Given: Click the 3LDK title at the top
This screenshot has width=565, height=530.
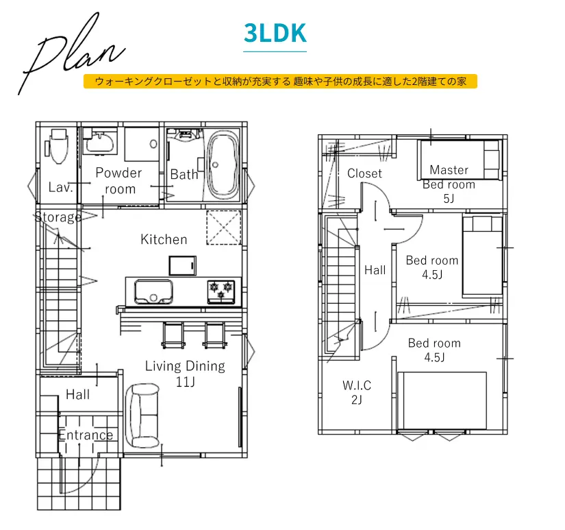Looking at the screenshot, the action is [275, 33].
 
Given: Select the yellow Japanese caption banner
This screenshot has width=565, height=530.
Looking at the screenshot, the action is [280, 81].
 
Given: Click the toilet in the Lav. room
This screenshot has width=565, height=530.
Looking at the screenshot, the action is [58, 146].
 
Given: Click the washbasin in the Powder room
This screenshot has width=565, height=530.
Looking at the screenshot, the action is [100, 142].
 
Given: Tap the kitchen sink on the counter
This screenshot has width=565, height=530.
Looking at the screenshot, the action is [153, 292].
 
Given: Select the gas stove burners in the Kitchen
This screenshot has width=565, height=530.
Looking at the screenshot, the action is [221, 291].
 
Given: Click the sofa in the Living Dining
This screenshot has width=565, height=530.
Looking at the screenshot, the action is [142, 415].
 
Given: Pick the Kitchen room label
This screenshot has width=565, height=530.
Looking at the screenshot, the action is [164, 239].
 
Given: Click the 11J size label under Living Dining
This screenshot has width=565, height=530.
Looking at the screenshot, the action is [185, 382].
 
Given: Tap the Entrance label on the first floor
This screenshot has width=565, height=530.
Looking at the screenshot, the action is [86, 435].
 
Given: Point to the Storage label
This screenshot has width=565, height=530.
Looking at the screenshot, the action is [58, 217].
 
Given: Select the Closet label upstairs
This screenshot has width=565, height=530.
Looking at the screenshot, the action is [364, 173].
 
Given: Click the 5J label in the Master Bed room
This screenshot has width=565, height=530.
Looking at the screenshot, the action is [449, 198].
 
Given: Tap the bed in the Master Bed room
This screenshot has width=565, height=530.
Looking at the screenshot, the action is [460, 160].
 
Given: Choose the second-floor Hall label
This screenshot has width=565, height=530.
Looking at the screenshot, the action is [375, 270].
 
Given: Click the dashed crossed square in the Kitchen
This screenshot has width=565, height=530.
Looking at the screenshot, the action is [224, 228].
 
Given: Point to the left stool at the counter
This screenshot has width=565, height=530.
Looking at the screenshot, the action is [174, 335].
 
